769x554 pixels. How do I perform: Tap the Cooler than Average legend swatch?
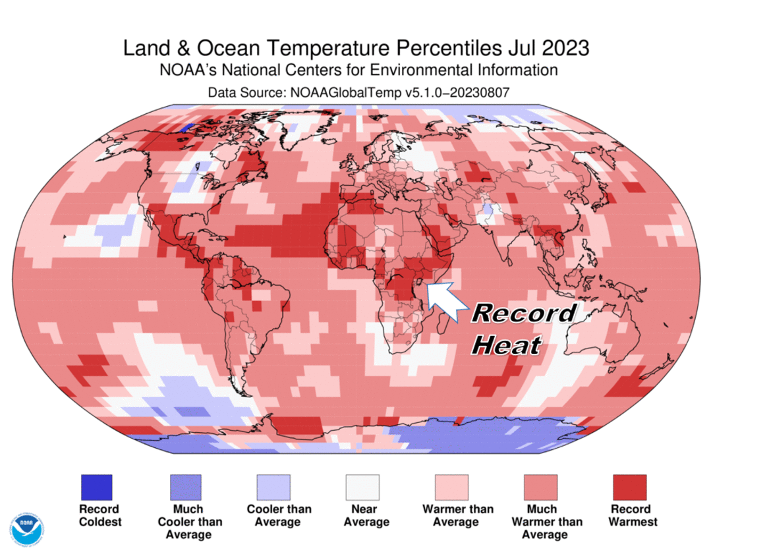tap(273, 487)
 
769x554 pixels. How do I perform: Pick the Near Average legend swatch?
tap(362, 487)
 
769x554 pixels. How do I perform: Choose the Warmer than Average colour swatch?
tap(451, 487)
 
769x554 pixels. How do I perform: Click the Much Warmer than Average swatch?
tap(540, 487)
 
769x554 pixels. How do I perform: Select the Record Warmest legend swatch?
tap(629, 487)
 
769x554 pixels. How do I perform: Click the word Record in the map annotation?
tap(524, 313)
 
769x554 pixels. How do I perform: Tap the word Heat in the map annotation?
tap(507, 344)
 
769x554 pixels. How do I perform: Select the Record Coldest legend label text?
tap(100, 516)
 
